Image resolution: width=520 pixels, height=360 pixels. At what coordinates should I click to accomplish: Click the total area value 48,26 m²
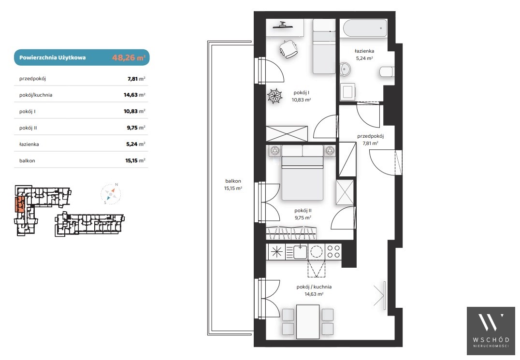tap(129, 58)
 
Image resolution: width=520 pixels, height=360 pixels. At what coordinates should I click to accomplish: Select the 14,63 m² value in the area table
tap(134, 95)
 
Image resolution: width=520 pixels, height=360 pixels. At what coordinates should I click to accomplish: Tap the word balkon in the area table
tap(27, 161)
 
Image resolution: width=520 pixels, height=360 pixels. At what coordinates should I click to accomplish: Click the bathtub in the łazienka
tap(365, 29)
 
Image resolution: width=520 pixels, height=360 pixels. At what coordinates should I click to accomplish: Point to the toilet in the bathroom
tap(387, 72)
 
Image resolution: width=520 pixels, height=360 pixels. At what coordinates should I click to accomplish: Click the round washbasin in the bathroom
tap(345, 70)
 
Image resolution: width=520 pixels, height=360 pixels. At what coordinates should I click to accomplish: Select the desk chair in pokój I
tap(288, 49)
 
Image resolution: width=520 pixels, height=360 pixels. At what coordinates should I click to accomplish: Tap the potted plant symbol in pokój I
tap(275, 96)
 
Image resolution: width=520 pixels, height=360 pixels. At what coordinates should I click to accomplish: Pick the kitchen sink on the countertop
tap(300, 252)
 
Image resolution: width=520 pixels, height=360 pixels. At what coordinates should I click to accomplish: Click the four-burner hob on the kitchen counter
tap(333, 252)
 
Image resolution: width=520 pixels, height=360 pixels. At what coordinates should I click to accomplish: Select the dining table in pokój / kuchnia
tap(308, 321)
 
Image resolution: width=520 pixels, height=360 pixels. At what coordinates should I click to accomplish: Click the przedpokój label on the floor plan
tap(371, 136)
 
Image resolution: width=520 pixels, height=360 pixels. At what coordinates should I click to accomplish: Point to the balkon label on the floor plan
tap(233, 181)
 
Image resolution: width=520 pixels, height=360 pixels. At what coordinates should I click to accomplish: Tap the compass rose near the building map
tap(111, 194)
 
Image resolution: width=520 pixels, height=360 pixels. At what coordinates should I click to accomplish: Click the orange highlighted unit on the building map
tap(19, 204)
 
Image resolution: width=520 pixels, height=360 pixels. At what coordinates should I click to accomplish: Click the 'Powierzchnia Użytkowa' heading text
tap(52, 58)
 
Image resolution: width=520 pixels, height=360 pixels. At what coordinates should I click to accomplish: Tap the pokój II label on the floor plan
tap(303, 211)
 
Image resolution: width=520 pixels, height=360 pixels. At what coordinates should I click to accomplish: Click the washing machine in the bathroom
tap(348, 91)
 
